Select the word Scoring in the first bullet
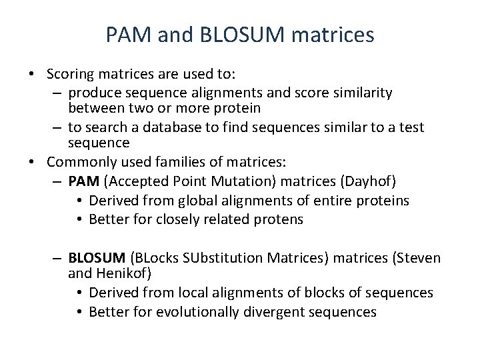[70, 73]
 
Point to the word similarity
[357, 93]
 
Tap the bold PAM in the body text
[83, 181]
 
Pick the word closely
[177, 219]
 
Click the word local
[189, 293]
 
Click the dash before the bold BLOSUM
[57, 257]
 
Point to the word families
[184, 161]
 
